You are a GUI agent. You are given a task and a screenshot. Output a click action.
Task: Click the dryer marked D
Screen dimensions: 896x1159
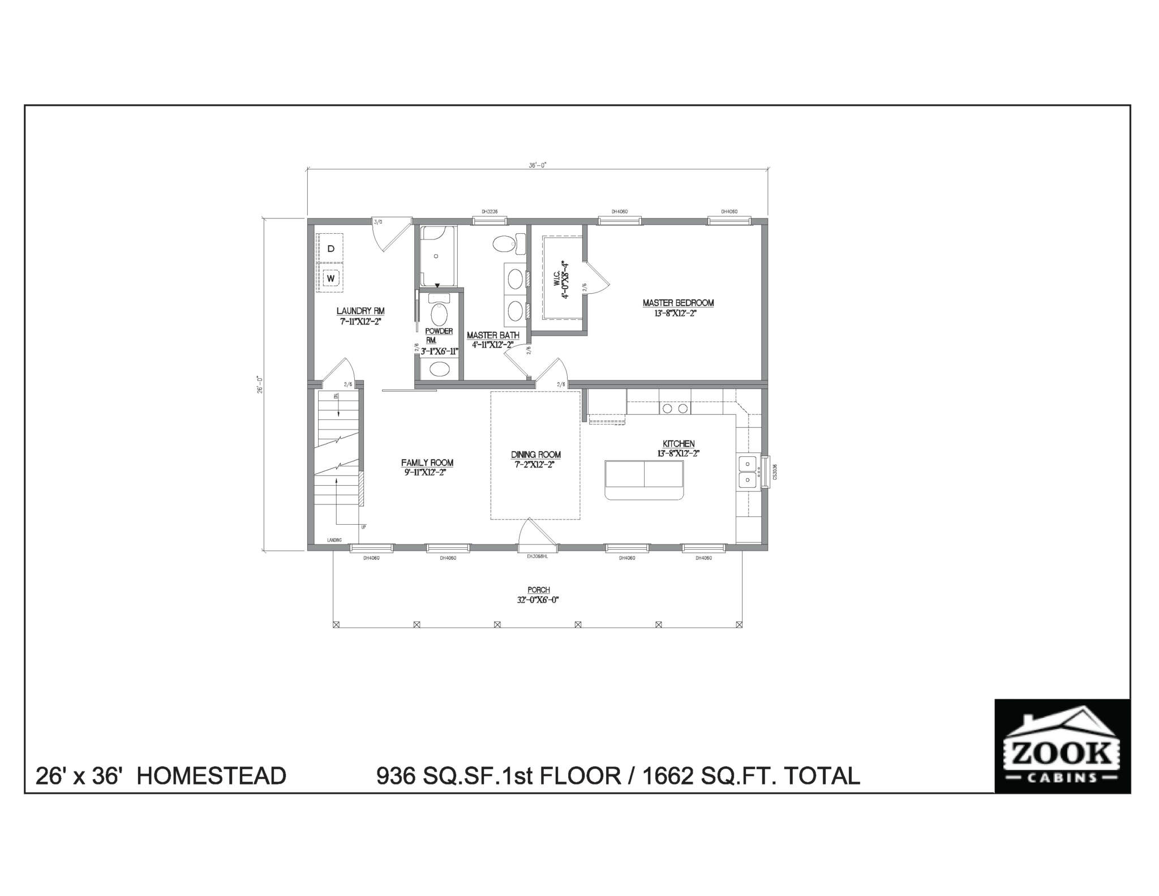(x=331, y=248)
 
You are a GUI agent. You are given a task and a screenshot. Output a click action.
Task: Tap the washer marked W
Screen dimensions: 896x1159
(x=331, y=278)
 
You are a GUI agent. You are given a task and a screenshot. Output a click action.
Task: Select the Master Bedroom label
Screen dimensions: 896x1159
(x=678, y=303)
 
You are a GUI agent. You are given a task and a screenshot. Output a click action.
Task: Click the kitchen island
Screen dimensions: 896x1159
(x=644, y=480)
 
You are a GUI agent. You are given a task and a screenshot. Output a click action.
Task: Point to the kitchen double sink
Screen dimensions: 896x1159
(x=748, y=472)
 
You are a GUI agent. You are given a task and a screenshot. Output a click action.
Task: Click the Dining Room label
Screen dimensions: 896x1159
(x=535, y=455)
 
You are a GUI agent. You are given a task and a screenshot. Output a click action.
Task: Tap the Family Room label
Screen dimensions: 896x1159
(x=427, y=462)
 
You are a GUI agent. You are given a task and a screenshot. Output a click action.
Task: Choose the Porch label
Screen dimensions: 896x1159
(x=538, y=590)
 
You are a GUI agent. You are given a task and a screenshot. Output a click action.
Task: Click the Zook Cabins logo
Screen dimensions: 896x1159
(x=1062, y=746)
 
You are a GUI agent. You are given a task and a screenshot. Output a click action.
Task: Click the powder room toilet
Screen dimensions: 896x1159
(x=439, y=314)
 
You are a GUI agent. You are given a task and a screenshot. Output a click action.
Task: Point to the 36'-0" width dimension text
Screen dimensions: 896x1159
(x=537, y=165)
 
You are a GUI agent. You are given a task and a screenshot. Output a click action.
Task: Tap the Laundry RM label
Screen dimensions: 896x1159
(x=360, y=311)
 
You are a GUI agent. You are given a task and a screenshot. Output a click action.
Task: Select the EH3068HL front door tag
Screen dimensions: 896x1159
(x=537, y=556)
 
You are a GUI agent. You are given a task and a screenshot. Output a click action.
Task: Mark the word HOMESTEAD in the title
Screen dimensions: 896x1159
(x=211, y=775)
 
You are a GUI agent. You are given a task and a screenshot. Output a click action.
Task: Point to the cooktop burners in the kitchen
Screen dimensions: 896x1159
(x=675, y=408)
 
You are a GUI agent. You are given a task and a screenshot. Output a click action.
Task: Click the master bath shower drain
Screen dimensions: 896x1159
(x=436, y=256)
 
